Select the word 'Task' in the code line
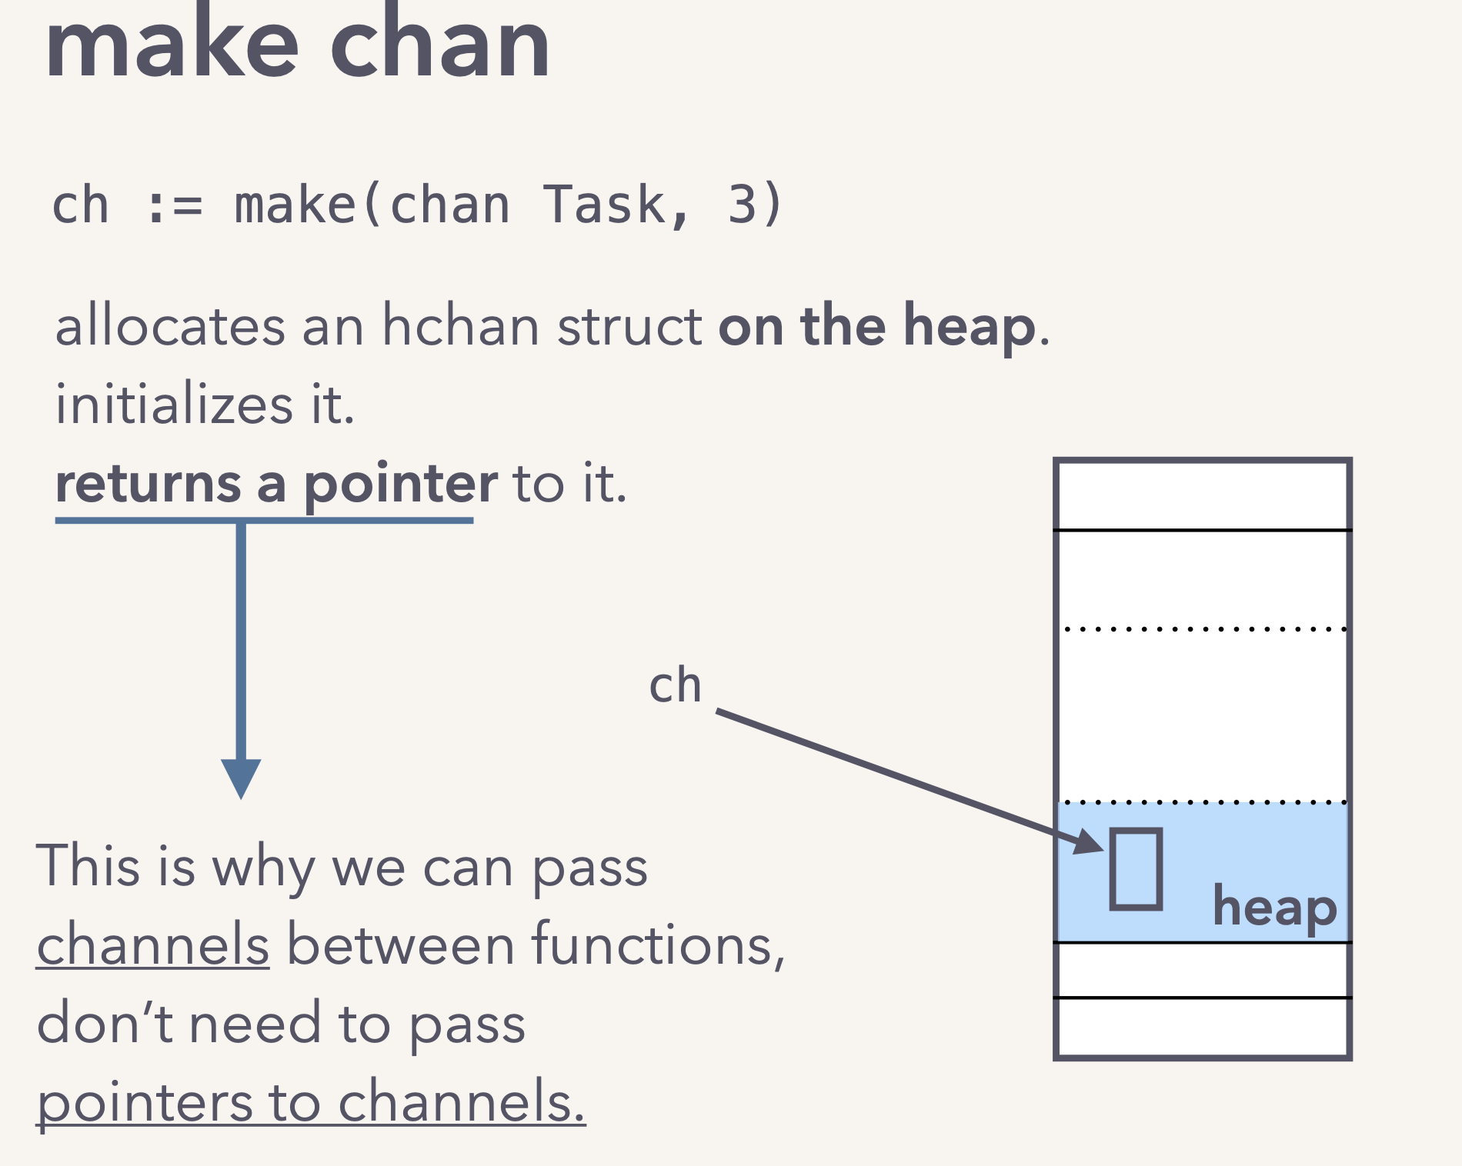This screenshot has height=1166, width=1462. (x=604, y=205)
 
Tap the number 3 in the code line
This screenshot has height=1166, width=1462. (x=742, y=205)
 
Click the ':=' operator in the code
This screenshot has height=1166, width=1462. (x=174, y=207)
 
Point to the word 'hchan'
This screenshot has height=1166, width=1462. (x=460, y=326)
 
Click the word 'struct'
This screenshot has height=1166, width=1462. (x=629, y=326)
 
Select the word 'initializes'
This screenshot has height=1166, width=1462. (x=174, y=405)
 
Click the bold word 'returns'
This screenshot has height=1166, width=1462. (x=148, y=484)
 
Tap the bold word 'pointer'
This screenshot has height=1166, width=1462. (x=400, y=485)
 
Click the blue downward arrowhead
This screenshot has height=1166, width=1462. (x=241, y=777)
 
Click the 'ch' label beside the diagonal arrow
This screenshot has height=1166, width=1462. (x=675, y=685)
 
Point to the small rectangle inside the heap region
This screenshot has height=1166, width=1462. (x=1136, y=869)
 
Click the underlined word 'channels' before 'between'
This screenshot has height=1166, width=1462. (x=153, y=944)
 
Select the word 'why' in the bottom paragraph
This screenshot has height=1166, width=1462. (x=262, y=868)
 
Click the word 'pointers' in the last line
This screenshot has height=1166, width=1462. (x=145, y=1102)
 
